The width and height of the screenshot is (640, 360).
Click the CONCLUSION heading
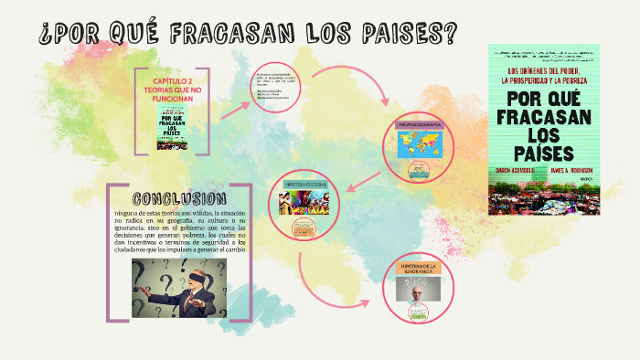(x=179, y=199)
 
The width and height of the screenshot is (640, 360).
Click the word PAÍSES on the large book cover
(x=544, y=152)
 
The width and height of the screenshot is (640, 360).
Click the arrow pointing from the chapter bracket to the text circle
(x=232, y=108)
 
